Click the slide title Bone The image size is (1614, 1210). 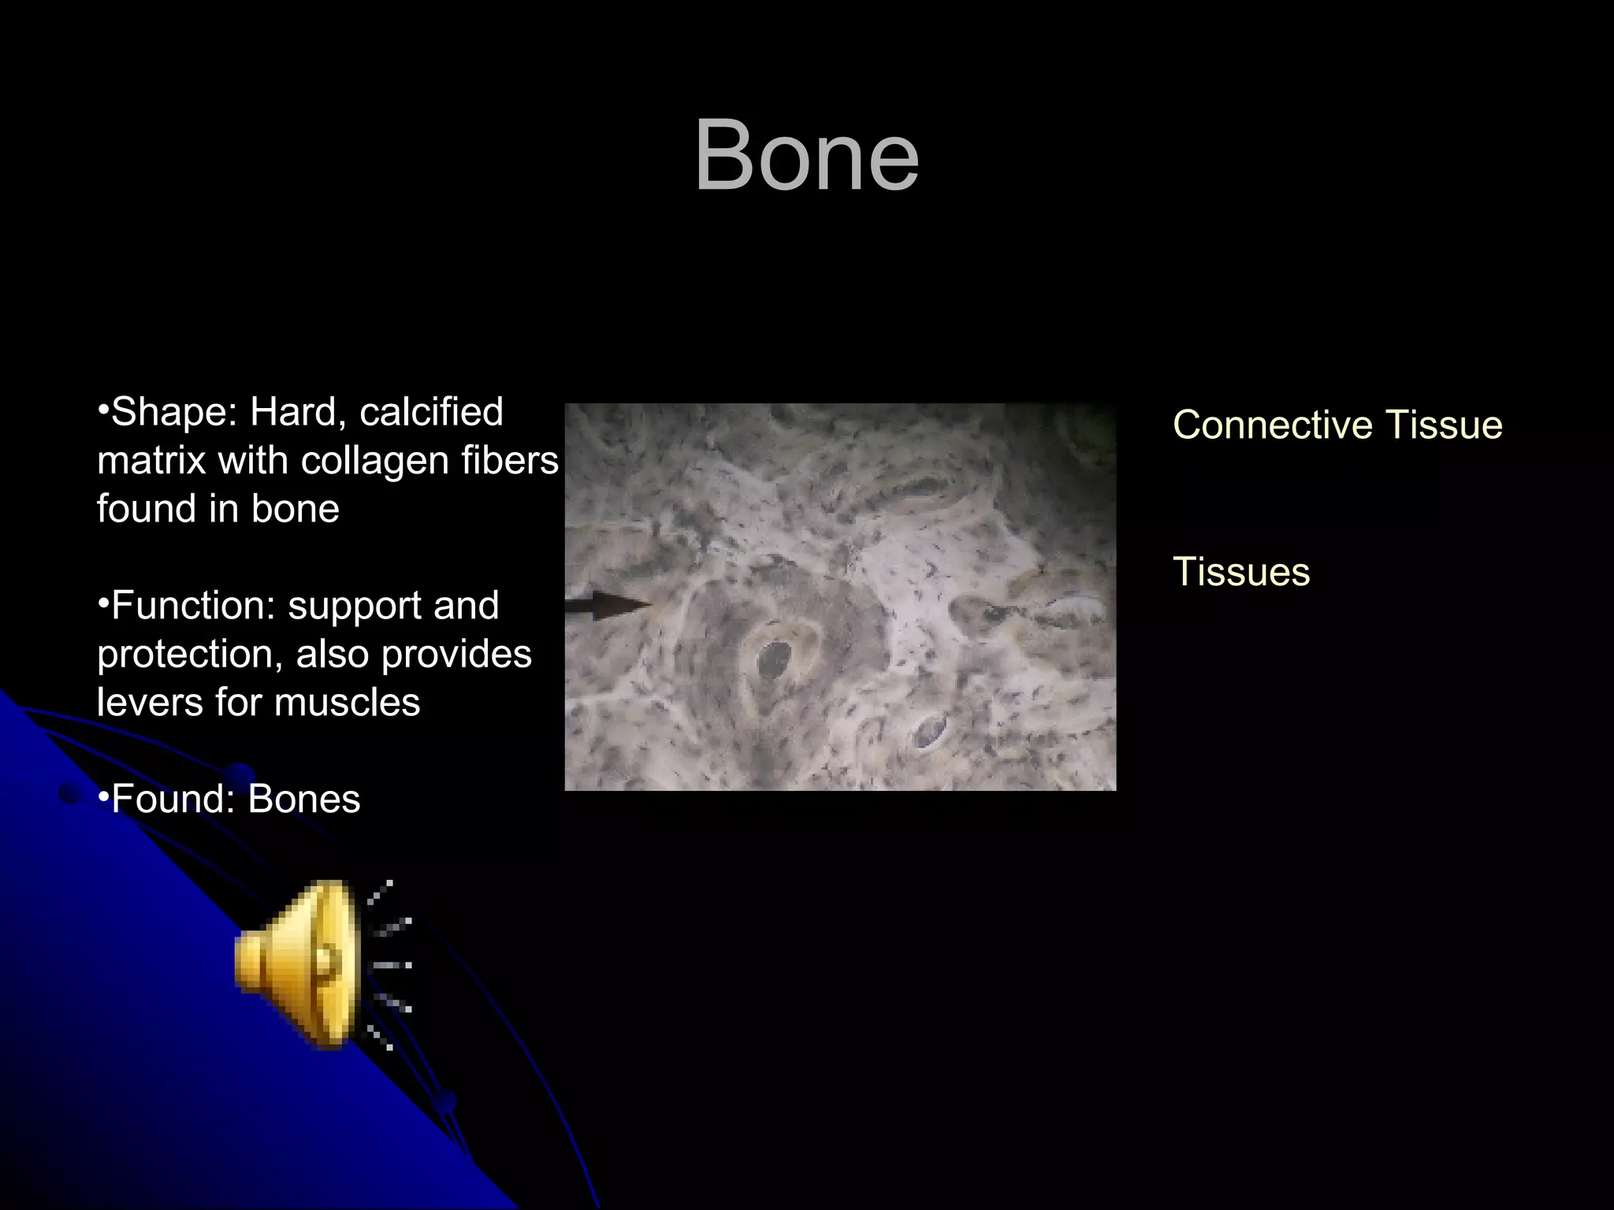tap(806, 155)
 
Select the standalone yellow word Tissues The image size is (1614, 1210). tap(1240, 572)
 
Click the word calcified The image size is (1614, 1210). tap(431, 412)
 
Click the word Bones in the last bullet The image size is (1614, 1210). tap(304, 799)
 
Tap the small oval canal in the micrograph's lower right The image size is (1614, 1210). tap(930, 730)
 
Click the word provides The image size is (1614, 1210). tap(456, 654)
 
